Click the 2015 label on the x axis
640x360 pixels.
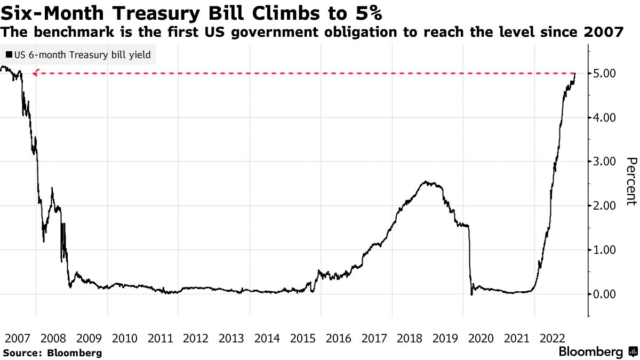[302, 338]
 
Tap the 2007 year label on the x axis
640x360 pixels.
[18, 338]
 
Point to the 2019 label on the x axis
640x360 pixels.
[445, 338]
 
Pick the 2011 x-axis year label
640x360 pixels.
[160, 338]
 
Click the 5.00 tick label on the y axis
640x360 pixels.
[605, 73]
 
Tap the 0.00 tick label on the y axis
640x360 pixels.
[605, 294]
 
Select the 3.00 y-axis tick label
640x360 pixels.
[605, 162]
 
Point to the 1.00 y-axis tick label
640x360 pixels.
[605, 250]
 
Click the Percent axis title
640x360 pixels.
[631, 181]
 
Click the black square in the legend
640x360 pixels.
[9, 54]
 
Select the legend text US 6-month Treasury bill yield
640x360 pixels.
[83, 54]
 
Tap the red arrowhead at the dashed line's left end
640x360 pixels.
[35, 73]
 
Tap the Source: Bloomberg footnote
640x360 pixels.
[52, 353]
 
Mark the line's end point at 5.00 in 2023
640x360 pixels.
[575, 73]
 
